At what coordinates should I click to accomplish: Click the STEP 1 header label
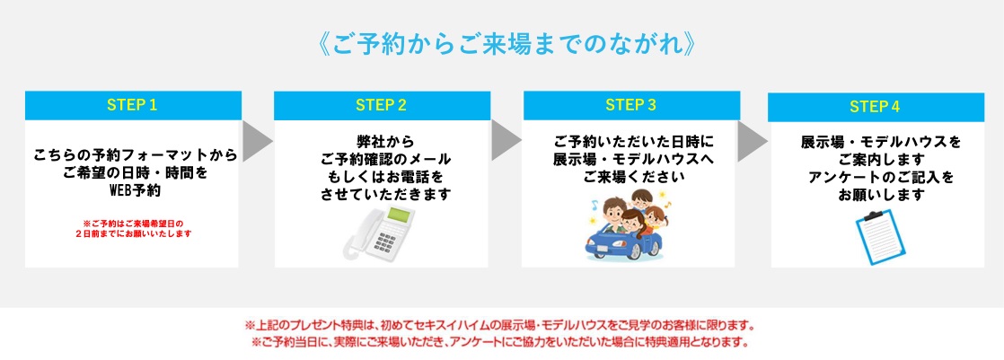(133, 106)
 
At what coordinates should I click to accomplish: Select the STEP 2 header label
(382, 106)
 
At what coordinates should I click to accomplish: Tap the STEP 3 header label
(630, 106)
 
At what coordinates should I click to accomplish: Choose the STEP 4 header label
(875, 107)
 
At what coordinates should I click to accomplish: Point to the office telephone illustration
(379, 233)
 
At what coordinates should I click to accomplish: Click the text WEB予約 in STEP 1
(135, 191)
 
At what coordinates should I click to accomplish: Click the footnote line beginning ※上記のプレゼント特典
(501, 325)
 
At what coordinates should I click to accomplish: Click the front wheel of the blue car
(635, 250)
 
